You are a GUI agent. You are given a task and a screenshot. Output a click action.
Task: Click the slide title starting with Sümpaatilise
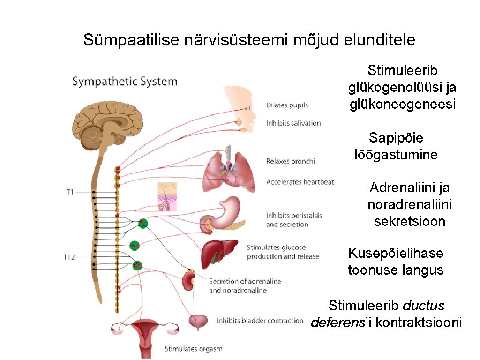click(249, 40)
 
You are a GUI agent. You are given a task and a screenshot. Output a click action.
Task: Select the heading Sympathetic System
click(125, 82)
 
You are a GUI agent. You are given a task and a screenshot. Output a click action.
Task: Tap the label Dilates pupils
click(287, 105)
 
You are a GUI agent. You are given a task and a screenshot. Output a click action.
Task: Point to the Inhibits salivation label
click(293, 123)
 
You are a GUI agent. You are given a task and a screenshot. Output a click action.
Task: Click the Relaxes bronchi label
click(291, 161)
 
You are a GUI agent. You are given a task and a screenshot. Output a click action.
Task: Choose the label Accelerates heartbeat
click(300, 182)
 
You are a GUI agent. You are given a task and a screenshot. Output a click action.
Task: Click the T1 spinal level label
click(70, 192)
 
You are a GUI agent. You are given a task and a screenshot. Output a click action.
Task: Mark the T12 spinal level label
click(70, 257)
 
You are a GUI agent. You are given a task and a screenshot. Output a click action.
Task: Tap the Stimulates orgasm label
click(193, 349)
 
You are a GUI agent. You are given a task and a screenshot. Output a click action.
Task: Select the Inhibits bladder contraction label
click(260, 321)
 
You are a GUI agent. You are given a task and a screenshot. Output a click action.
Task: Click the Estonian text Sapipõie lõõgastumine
click(396, 146)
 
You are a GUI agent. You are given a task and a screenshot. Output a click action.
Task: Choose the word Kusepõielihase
click(396, 253)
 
